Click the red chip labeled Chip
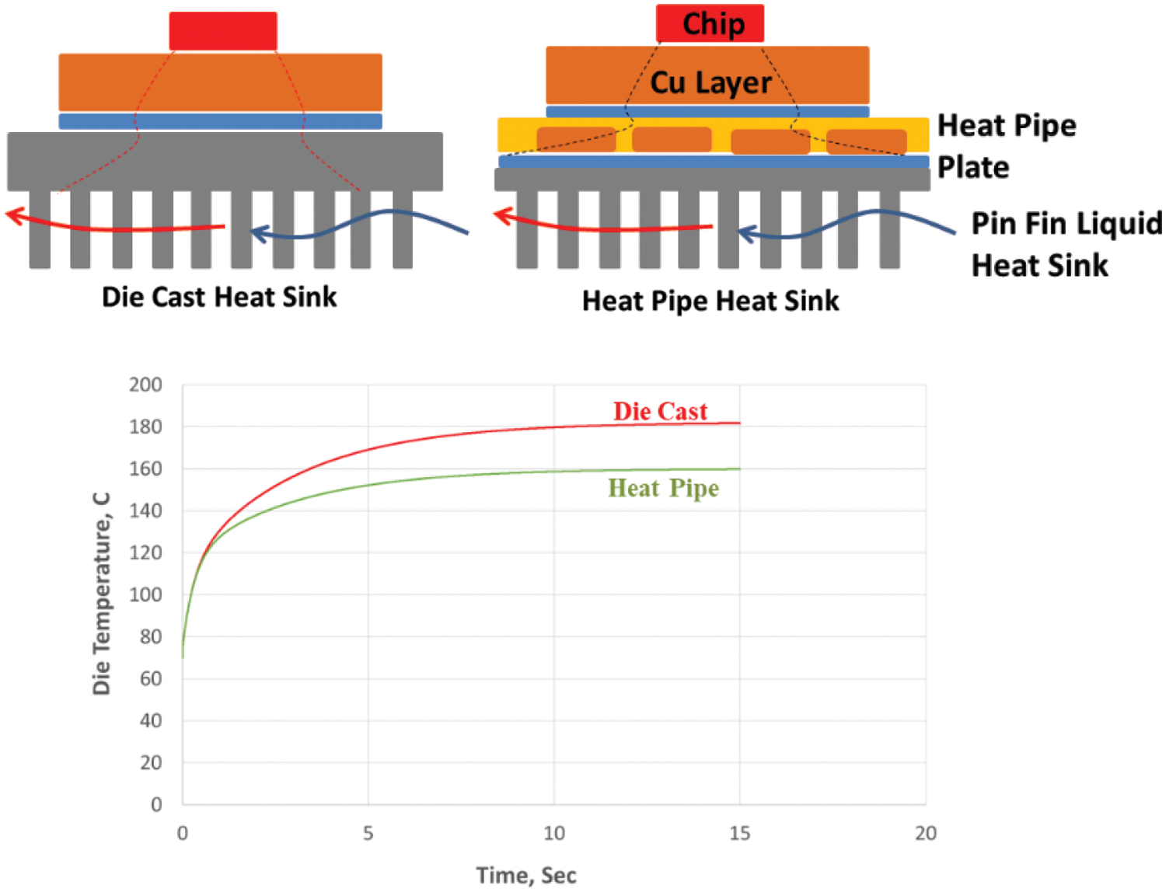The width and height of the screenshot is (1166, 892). [710, 23]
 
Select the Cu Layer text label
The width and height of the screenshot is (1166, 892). [710, 82]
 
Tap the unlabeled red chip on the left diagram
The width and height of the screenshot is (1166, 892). [223, 31]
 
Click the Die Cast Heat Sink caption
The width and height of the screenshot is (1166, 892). [219, 297]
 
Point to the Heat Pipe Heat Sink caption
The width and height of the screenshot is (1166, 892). [710, 301]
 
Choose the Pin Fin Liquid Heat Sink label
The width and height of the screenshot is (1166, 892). [1066, 244]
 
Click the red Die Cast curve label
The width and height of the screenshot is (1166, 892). [660, 411]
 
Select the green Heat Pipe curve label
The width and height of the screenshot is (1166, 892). [663, 488]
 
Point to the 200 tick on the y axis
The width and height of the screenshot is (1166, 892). [145, 385]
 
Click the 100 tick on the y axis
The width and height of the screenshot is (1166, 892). [145, 594]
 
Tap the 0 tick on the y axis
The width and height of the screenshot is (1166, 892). [156, 804]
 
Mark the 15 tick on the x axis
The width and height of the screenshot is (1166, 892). [739, 834]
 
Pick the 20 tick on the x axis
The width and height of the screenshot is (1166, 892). [925, 834]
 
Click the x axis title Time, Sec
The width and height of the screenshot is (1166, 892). [526, 876]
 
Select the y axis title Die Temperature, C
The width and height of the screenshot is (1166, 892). [102, 594]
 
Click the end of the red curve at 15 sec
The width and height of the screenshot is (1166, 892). [739, 423]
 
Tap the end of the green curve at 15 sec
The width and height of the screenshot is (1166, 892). [739, 469]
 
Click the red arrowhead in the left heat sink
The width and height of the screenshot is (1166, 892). [13, 214]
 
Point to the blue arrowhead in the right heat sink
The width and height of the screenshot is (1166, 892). [745, 232]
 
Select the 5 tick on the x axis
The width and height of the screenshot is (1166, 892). [368, 834]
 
